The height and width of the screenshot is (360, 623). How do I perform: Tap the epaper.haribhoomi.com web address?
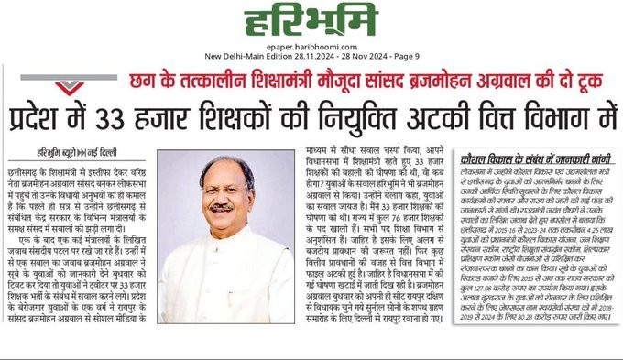(x=311, y=42)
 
